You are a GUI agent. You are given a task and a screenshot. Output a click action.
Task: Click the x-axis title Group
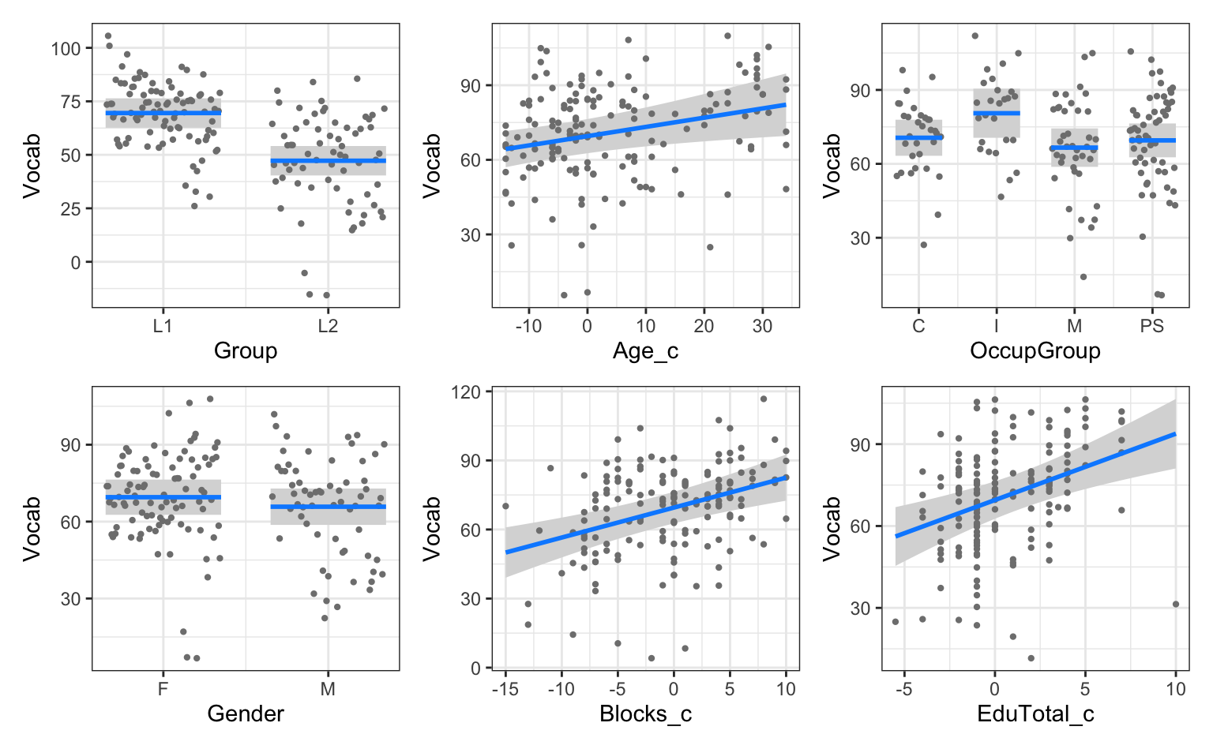245,351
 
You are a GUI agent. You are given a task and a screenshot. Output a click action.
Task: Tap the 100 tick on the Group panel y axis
66,48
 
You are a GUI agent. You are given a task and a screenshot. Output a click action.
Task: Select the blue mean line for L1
163,113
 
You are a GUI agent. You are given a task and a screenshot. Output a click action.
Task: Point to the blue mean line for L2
329,161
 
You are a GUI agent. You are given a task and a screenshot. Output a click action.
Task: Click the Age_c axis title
645,351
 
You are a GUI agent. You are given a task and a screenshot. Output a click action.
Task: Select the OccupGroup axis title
1035,351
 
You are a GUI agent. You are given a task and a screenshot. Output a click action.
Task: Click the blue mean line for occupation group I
996,114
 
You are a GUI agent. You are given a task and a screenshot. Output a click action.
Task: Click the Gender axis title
245,714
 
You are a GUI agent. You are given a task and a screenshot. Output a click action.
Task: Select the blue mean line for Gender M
329,507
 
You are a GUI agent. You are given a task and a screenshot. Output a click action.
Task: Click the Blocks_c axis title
645,714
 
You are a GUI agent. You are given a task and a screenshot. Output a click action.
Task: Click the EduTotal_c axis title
1035,714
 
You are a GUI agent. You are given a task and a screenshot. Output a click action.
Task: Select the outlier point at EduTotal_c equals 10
1175,605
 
